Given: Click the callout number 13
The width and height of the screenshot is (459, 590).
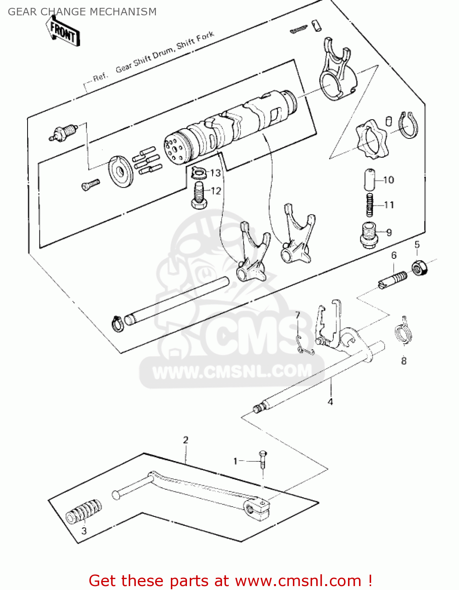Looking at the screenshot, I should [x=215, y=173].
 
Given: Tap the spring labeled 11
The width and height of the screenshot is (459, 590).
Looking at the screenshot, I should [x=369, y=205].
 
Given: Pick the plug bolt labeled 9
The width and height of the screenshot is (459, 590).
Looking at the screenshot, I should [x=368, y=235].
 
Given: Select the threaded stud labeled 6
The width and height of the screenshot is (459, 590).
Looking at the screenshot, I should [x=393, y=280].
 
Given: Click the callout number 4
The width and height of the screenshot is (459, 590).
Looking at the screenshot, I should [x=330, y=402].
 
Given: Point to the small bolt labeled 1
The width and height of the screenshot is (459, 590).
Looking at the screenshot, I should [x=263, y=460].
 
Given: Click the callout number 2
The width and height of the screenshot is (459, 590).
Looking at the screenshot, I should [x=185, y=440].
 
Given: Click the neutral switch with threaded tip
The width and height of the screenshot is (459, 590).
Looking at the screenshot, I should [x=63, y=132].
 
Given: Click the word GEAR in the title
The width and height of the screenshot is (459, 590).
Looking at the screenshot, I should [x=22, y=12].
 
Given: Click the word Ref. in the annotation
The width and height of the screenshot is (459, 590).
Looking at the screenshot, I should [x=100, y=77].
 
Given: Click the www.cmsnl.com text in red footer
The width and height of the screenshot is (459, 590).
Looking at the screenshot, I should [x=298, y=581].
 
